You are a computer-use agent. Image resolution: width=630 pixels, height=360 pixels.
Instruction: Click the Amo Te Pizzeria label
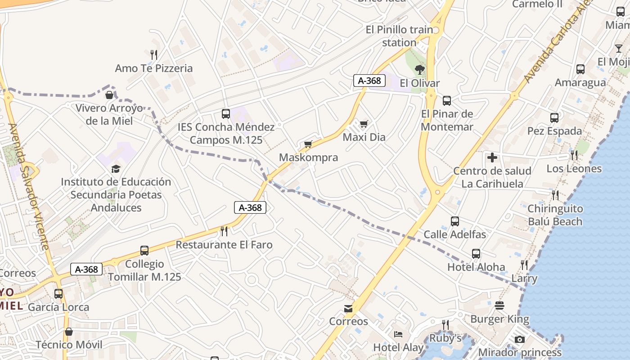(154, 68)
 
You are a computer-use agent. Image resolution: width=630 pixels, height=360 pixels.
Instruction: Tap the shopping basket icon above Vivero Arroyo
(109, 95)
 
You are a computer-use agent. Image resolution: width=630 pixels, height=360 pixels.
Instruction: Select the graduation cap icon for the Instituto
(116, 169)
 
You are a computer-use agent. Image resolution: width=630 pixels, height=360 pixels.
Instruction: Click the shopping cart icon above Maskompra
(308, 144)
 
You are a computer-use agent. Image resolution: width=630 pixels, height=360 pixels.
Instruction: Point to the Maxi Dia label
(364, 137)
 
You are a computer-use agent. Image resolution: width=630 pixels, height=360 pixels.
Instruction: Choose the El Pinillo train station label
(399, 36)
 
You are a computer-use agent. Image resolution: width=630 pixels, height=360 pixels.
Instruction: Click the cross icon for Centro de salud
(492, 157)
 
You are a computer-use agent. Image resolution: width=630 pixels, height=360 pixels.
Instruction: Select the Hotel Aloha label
(476, 267)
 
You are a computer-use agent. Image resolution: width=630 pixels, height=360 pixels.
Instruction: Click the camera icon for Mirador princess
(520, 339)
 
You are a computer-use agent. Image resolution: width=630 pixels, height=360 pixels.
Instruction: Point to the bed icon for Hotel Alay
(398, 334)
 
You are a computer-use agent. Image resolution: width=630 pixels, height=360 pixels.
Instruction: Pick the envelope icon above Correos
(348, 308)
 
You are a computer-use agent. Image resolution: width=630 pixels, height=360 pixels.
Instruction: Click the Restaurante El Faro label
(224, 245)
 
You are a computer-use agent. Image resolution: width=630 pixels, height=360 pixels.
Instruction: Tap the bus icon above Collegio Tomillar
(144, 251)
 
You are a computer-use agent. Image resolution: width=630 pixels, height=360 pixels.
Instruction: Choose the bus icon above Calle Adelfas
(455, 221)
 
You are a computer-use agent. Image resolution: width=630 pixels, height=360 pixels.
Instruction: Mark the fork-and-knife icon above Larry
(524, 265)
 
